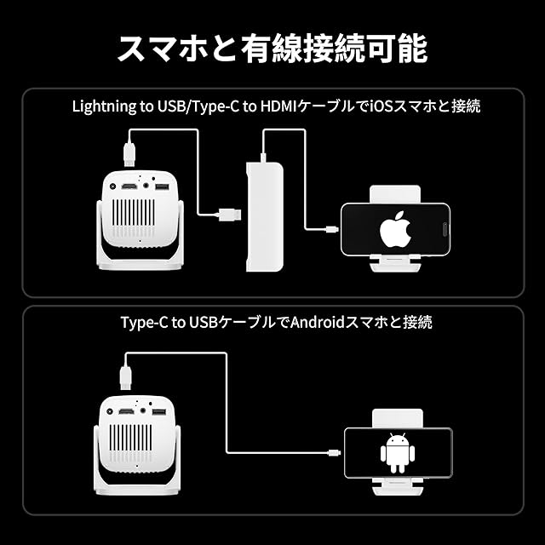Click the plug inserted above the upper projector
[130, 152]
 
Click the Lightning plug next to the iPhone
[331, 227]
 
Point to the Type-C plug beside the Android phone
[334, 454]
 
